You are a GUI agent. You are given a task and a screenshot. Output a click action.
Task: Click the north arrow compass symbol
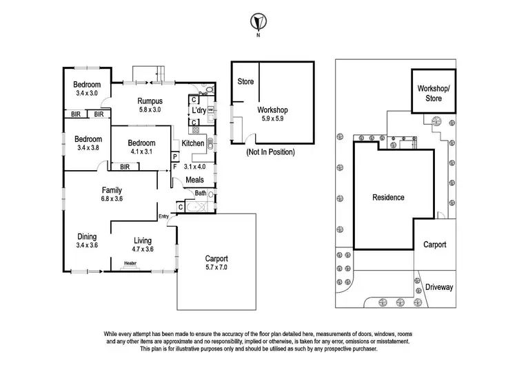258,21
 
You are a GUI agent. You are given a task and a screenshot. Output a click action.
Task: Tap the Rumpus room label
149,101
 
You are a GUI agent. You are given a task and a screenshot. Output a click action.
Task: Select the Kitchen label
192,143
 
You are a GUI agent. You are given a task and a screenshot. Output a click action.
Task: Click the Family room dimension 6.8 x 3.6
112,198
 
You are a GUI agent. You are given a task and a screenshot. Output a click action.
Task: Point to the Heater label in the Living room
130,262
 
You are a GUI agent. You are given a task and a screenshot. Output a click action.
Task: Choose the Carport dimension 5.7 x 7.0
216,267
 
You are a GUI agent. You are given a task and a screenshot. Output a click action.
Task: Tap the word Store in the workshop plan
245,82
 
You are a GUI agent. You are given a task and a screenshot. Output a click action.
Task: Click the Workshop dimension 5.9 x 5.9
272,118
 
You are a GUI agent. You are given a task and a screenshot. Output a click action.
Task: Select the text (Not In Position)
270,152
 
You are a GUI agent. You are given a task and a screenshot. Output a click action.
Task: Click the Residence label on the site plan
388,198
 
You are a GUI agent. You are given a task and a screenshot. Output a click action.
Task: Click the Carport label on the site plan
434,244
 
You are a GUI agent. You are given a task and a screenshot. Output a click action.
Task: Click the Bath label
200,194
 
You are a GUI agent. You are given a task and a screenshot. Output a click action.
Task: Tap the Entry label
163,218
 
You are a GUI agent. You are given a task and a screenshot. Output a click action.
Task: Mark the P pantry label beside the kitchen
175,156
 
